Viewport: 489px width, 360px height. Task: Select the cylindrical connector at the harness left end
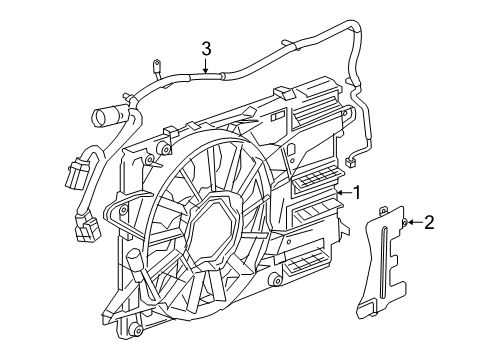[108, 118]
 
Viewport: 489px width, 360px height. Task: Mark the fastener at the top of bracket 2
[403, 222]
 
